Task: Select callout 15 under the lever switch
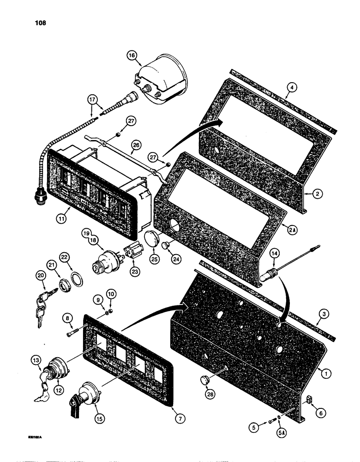click(x=99, y=419)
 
